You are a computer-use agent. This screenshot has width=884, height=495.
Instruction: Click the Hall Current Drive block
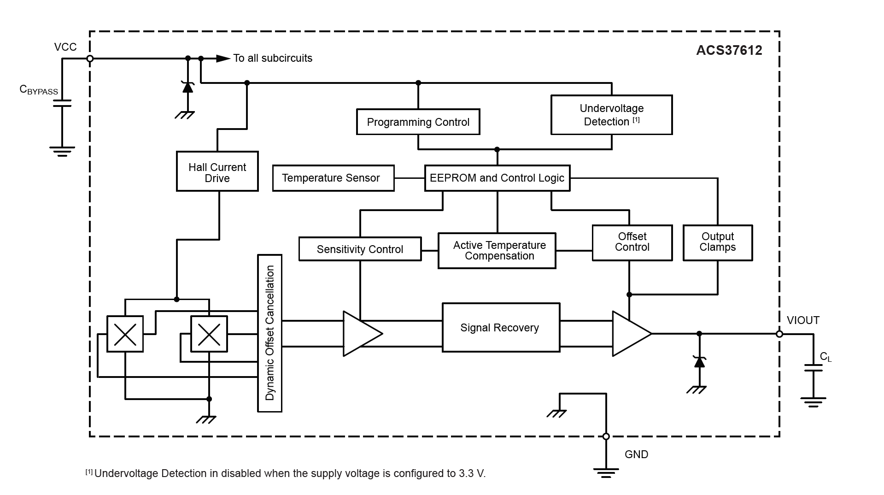coord(217,171)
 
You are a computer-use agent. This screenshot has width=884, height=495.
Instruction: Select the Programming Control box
coord(418,122)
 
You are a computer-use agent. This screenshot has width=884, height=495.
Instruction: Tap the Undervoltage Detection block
coord(611,115)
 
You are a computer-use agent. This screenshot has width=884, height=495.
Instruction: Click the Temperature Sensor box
coord(333,178)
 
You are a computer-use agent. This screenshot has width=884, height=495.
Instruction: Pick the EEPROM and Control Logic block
coord(497,178)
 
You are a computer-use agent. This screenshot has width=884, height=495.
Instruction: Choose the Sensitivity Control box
coord(360,249)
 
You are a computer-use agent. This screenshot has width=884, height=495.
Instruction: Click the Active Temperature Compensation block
coord(497,251)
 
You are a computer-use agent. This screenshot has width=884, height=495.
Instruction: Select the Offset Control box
coord(632,243)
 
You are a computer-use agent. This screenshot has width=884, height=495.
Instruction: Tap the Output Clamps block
coord(717,243)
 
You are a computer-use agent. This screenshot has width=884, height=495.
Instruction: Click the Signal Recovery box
coord(501,328)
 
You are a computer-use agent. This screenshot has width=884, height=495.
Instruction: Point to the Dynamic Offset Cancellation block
coord(269,333)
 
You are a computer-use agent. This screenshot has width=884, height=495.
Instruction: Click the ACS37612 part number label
coord(729,50)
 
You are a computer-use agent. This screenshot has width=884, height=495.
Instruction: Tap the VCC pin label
coord(65,47)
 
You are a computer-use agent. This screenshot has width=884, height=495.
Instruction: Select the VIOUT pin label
coord(803,320)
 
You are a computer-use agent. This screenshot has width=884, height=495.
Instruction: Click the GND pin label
coord(636,454)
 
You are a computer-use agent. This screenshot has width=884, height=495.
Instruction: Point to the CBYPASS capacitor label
coord(39,90)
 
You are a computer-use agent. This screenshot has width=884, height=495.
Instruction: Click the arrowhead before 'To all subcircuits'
coord(223,59)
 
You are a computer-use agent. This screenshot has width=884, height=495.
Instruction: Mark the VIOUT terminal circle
coord(779,334)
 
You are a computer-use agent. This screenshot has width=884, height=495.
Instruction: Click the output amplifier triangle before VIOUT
coord(629,334)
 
